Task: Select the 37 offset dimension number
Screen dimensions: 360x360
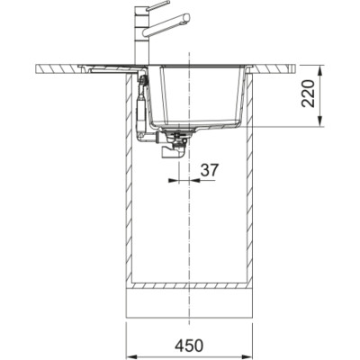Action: point(210,168)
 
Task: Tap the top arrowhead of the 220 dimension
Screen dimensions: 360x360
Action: point(320,68)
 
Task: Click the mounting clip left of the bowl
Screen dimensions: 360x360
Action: point(144,83)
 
